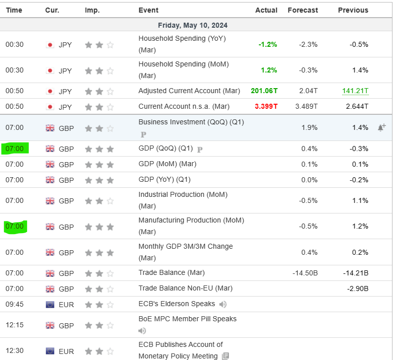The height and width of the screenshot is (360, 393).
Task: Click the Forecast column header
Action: pos(302,10)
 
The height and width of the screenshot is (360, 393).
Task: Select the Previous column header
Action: pos(353,10)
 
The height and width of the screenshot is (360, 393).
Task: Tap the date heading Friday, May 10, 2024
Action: pos(193,25)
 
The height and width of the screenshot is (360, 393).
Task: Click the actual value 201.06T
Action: pos(264,91)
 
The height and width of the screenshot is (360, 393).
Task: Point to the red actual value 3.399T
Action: pos(266,107)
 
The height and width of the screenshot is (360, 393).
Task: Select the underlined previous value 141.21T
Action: pos(355,91)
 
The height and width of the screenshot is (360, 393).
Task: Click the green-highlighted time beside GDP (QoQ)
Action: pos(15,149)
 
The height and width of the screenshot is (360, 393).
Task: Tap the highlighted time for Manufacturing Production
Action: pos(15,227)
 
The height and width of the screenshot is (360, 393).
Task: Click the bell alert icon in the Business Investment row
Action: pos(381,128)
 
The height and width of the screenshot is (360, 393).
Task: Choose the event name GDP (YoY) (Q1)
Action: pos(165,180)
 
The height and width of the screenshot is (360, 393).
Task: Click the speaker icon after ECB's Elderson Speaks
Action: pos(223,304)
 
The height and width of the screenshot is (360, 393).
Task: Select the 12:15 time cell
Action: pos(15,325)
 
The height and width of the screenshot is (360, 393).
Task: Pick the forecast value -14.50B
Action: pos(305,273)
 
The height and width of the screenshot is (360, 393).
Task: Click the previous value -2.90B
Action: pos(358,289)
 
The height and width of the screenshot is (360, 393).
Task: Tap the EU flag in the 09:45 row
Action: pos(50,304)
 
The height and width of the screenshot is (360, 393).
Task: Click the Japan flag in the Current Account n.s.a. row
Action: pos(50,107)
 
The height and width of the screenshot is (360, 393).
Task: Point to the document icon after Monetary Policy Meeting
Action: pos(225,356)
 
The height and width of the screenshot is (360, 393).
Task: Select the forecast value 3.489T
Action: pos(306,107)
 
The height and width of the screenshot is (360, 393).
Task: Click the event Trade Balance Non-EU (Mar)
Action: pos(185,289)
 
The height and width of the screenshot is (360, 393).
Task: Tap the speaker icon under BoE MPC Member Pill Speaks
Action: pos(142,331)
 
